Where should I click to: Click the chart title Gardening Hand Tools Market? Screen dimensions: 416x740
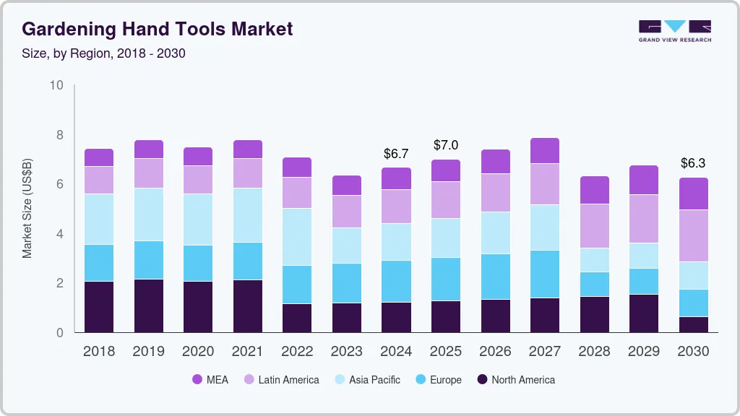158,30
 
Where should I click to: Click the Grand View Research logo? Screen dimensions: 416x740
674,31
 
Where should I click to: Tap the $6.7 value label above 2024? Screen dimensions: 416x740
396,154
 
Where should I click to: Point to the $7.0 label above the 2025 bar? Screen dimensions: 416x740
446,145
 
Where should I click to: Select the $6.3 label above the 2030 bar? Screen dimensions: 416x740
693,163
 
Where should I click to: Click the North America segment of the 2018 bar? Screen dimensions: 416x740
99,307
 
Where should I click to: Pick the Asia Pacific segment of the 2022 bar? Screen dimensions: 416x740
297,237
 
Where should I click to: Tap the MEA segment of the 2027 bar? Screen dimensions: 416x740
545,151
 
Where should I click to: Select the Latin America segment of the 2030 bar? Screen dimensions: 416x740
693,236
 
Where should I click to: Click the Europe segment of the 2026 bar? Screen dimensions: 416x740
495,277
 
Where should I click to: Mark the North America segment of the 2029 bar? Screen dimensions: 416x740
644,313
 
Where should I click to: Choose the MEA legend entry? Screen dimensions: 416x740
210,380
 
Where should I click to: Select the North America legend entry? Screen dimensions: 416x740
515,380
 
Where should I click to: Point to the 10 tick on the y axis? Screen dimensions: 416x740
56,86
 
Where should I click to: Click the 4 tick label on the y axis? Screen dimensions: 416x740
60,234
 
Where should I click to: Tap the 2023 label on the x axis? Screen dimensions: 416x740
346,352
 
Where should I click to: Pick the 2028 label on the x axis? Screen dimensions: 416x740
594,352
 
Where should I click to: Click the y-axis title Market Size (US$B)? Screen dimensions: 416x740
27,209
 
